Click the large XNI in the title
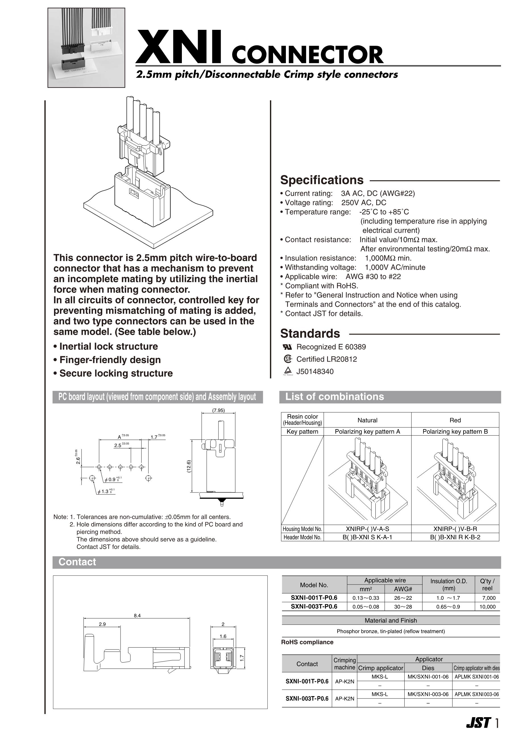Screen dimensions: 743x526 pos(179,47)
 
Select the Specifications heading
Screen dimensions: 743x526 pos(322,180)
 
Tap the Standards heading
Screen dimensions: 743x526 pos(310,333)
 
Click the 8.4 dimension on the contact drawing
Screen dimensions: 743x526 pos(137,615)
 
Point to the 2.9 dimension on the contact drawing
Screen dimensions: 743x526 pos(102,624)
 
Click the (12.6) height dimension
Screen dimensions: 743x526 pos(189,467)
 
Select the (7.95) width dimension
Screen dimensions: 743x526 pos(218,410)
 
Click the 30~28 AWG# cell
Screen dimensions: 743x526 pos(403,607)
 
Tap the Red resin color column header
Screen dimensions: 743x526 pos(455,420)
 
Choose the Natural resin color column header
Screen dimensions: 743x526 pos(367,420)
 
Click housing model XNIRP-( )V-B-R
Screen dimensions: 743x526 pos(455,529)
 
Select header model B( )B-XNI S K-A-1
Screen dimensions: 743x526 pos(367,537)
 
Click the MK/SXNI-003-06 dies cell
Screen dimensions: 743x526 pos(428,694)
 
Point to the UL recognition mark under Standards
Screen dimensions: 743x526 pos(287,347)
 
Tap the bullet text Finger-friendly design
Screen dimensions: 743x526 pos(110,360)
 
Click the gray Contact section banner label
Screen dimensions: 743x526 pos(77,562)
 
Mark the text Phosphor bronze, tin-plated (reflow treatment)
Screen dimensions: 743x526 pos(391,631)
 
